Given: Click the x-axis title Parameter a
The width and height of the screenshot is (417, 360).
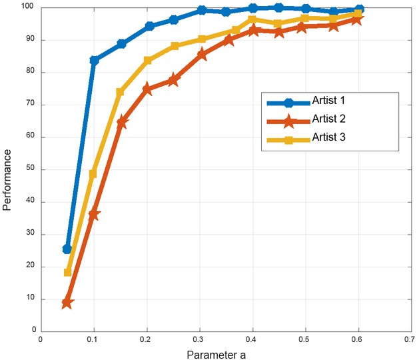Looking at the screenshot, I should [x=216, y=354].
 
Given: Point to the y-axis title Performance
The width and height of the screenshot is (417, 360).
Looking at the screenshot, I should [x=7, y=178].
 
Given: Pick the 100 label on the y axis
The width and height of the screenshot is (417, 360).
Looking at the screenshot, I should [x=29, y=8].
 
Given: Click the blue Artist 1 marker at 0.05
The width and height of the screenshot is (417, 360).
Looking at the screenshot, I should [x=67, y=249].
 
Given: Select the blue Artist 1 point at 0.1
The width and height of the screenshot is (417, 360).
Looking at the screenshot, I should [x=94, y=60].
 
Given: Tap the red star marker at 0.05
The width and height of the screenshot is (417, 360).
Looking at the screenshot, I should [x=67, y=303].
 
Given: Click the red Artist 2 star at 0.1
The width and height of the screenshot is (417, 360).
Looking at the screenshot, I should [x=94, y=215].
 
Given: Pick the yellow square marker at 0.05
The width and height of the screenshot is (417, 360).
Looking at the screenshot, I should [x=67, y=272].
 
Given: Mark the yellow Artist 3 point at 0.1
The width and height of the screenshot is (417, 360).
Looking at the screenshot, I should [x=94, y=173].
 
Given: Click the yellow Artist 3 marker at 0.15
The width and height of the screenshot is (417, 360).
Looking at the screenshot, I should [x=121, y=92].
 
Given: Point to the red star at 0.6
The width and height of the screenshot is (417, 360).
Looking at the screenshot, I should [x=358, y=19].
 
